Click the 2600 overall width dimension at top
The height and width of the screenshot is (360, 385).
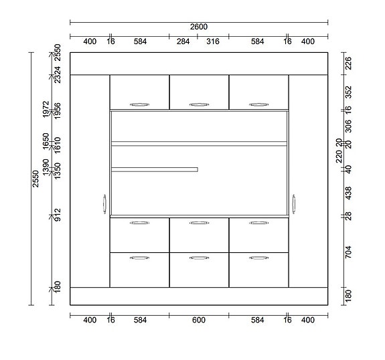click(199, 27)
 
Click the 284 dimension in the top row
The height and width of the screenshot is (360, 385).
click(183, 41)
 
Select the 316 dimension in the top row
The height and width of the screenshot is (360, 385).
click(212, 41)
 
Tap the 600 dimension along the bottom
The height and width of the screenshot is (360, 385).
click(199, 321)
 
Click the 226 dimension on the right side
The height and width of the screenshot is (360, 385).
click(348, 64)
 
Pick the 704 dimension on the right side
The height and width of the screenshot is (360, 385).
click(348, 252)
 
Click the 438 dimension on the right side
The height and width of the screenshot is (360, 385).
click(348, 194)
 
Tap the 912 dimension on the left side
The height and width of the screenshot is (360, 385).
click(58, 215)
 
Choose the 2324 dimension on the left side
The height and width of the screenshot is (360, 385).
click(58, 74)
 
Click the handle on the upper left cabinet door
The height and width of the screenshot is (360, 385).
click(139, 104)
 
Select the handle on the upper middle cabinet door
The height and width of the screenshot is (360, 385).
click(199, 104)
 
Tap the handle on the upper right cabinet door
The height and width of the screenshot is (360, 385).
click(258, 104)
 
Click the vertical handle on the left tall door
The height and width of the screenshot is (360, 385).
click(105, 204)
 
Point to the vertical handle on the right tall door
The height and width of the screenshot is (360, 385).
click(293, 204)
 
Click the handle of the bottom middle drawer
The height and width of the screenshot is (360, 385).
click(199, 257)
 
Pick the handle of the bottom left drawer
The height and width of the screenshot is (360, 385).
click(139, 257)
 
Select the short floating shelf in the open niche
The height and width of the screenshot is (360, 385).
click(155, 169)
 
